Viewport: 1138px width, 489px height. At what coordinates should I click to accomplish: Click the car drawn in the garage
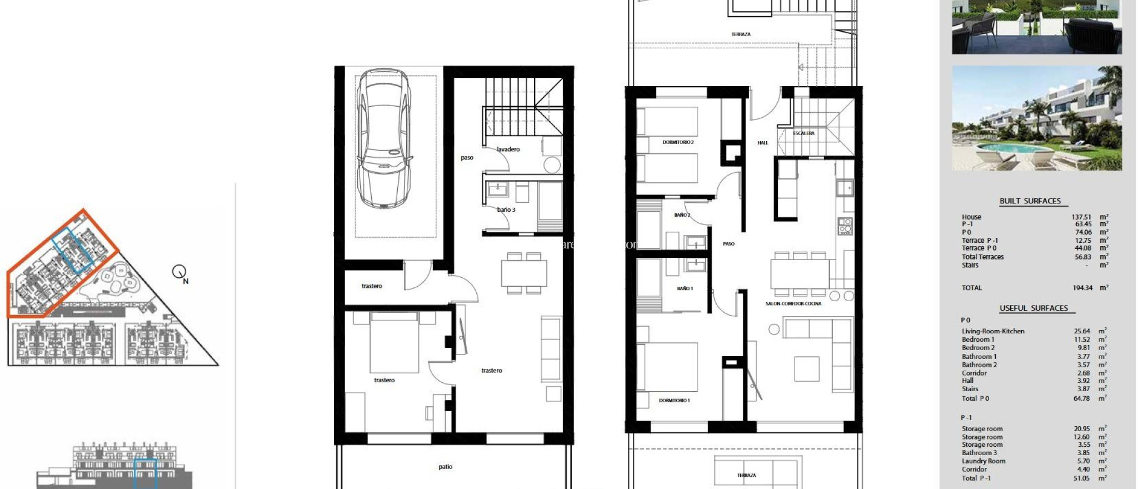click(385, 139)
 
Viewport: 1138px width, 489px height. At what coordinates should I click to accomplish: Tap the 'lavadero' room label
click(508, 149)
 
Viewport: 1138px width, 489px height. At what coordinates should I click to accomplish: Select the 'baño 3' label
click(506, 210)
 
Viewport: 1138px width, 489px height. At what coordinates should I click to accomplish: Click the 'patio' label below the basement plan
click(445, 467)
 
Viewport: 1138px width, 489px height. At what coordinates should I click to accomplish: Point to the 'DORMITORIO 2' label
click(678, 142)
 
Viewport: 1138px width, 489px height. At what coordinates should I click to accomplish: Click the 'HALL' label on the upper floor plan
click(762, 143)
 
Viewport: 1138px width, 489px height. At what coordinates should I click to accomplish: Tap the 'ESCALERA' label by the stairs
click(803, 133)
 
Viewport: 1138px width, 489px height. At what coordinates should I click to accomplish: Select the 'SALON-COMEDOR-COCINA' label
click(793, 303)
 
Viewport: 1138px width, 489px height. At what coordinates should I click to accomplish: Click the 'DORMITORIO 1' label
click(674, 400)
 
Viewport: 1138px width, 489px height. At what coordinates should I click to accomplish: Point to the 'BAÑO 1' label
click(685, 288)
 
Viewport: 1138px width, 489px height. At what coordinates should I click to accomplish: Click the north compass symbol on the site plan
click(179, 272)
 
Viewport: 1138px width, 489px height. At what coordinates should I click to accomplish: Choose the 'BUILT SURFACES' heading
click(1030, 201)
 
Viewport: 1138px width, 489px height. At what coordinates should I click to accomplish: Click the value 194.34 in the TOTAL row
click(1082, 288)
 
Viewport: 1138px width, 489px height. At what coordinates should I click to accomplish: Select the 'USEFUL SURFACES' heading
click(1033, 308)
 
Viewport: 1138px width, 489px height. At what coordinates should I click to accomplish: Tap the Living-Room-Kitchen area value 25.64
click(1081, 331)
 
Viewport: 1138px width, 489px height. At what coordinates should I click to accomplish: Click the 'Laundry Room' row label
click(983, 461)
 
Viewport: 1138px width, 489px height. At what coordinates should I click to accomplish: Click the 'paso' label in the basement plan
click(467, 158)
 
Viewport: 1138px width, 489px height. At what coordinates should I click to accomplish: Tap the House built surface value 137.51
click(1081, 217)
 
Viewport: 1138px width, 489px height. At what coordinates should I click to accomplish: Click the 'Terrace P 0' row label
click(979, 248)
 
